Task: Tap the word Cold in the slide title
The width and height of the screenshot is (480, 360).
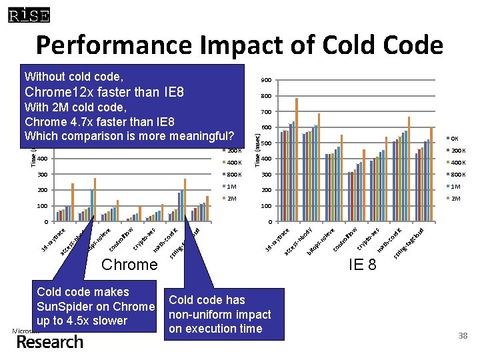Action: pos(319,45)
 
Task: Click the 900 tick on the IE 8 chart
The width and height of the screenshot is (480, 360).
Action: pos(266,81)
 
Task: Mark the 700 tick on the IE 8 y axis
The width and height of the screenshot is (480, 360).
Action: pos(266,112)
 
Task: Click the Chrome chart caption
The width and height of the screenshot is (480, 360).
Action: pos(129,265)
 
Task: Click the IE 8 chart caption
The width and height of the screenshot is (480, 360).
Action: pos(362,265)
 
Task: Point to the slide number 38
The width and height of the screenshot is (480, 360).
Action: pos(463,337)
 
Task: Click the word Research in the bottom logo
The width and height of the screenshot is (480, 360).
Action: pos(51,342)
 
